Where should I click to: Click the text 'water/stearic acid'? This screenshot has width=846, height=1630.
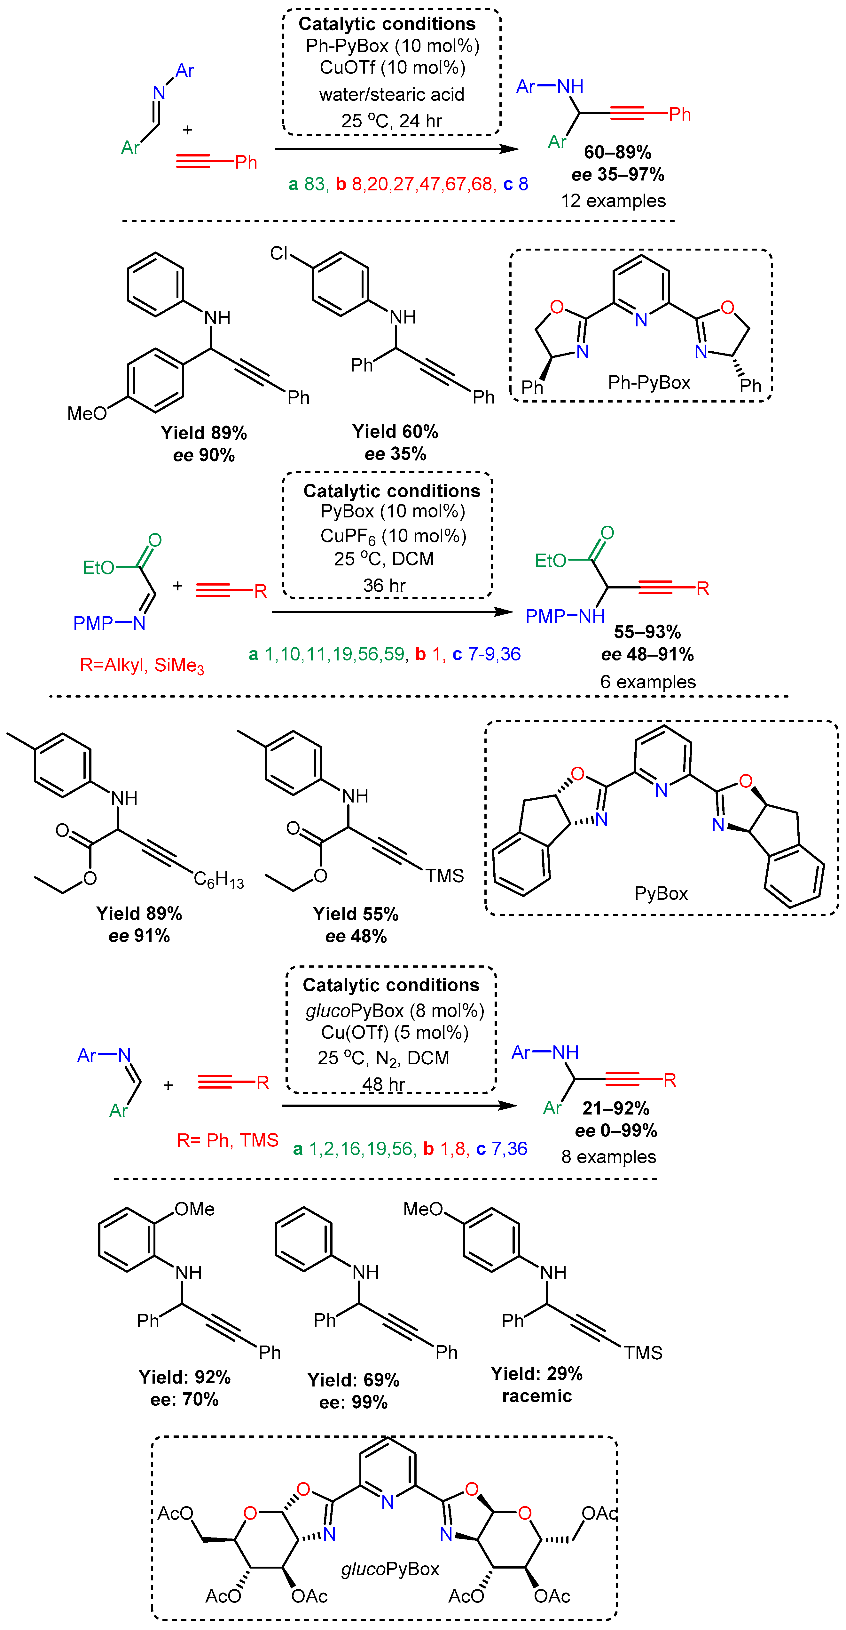(391, 94)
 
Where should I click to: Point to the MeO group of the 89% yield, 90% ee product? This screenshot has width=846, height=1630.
(87, 413)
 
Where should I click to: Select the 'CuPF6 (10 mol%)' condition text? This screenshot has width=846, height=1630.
(393, 536)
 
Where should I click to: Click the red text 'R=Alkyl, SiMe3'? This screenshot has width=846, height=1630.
(142, 665)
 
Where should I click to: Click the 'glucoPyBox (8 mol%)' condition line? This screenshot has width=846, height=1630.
(395, 1011)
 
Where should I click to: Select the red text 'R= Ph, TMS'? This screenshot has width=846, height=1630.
(227, 1140)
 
